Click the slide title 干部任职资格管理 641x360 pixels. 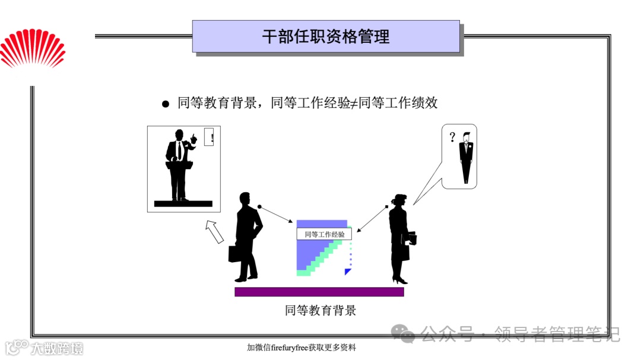(x=326, y=37)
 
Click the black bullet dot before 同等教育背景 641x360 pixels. (x=166, y=104)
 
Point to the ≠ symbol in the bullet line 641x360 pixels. (x=354, y=103)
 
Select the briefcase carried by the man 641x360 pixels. (x=235, y=253)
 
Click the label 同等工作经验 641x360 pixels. (x=324, y=234)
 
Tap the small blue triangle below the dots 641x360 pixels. (x=348, y=272)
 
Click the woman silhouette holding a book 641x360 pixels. (x=399, y=237)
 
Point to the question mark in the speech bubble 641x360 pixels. (x=452, y=138)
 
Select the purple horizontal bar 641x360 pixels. (x=319, y=292)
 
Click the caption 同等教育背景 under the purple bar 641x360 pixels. (x=320, y=310)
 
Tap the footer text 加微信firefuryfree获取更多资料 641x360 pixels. (x=302, y=348)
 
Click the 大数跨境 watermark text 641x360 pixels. (x=58, y=348)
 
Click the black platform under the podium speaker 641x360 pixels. (x=183, y=203)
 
